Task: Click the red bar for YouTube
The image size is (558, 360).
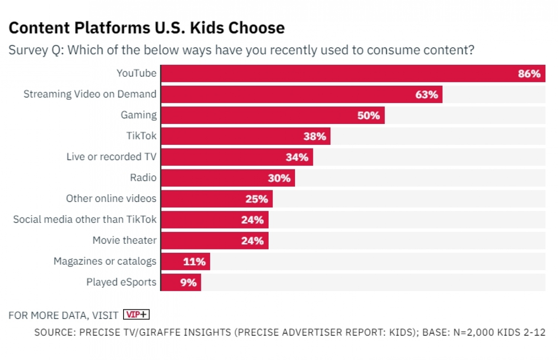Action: point(335,73)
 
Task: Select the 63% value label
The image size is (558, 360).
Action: point(426,95)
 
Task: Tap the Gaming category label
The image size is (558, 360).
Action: point(138,115)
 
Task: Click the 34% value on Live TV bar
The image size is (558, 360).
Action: point(297,157)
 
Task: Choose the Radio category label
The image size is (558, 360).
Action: point(143,178)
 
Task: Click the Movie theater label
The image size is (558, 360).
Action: point(124,240)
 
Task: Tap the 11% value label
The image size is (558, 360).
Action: point(194,262)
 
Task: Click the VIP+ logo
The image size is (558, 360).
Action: point(136,315)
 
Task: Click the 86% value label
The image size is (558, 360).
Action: point(529,74)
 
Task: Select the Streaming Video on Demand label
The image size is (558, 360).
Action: point(90,94)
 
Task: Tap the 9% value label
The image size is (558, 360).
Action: point(188,283)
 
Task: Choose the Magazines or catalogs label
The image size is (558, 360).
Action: point(105,261)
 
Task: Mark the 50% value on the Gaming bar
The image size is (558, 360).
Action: point(368,115)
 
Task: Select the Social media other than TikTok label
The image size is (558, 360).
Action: point(85,220)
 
